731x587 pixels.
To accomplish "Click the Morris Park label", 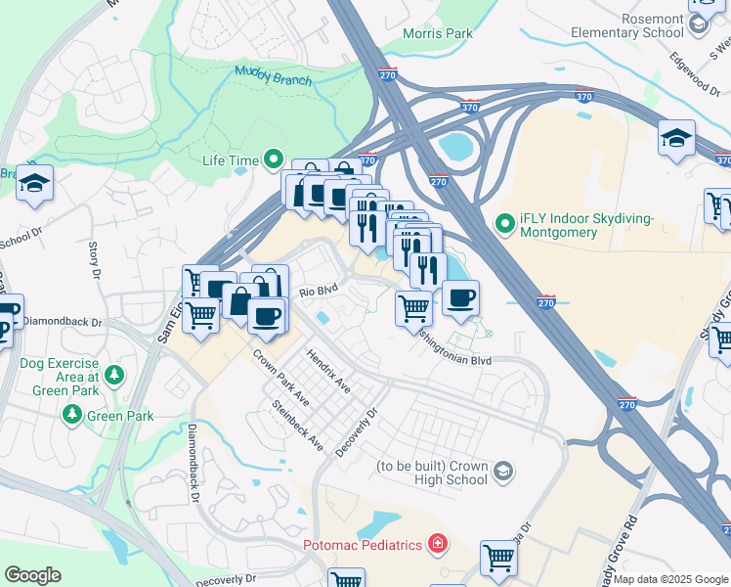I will (x=438, y=33).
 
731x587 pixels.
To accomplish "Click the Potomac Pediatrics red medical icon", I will (x=438, y=544).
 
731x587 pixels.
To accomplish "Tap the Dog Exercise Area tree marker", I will (x=114, y=375).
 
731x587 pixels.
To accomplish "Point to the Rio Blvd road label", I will (x=318, y=291).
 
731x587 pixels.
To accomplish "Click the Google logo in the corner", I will (x=32, y=575).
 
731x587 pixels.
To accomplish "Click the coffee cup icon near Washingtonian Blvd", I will (x=460, y=297).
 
